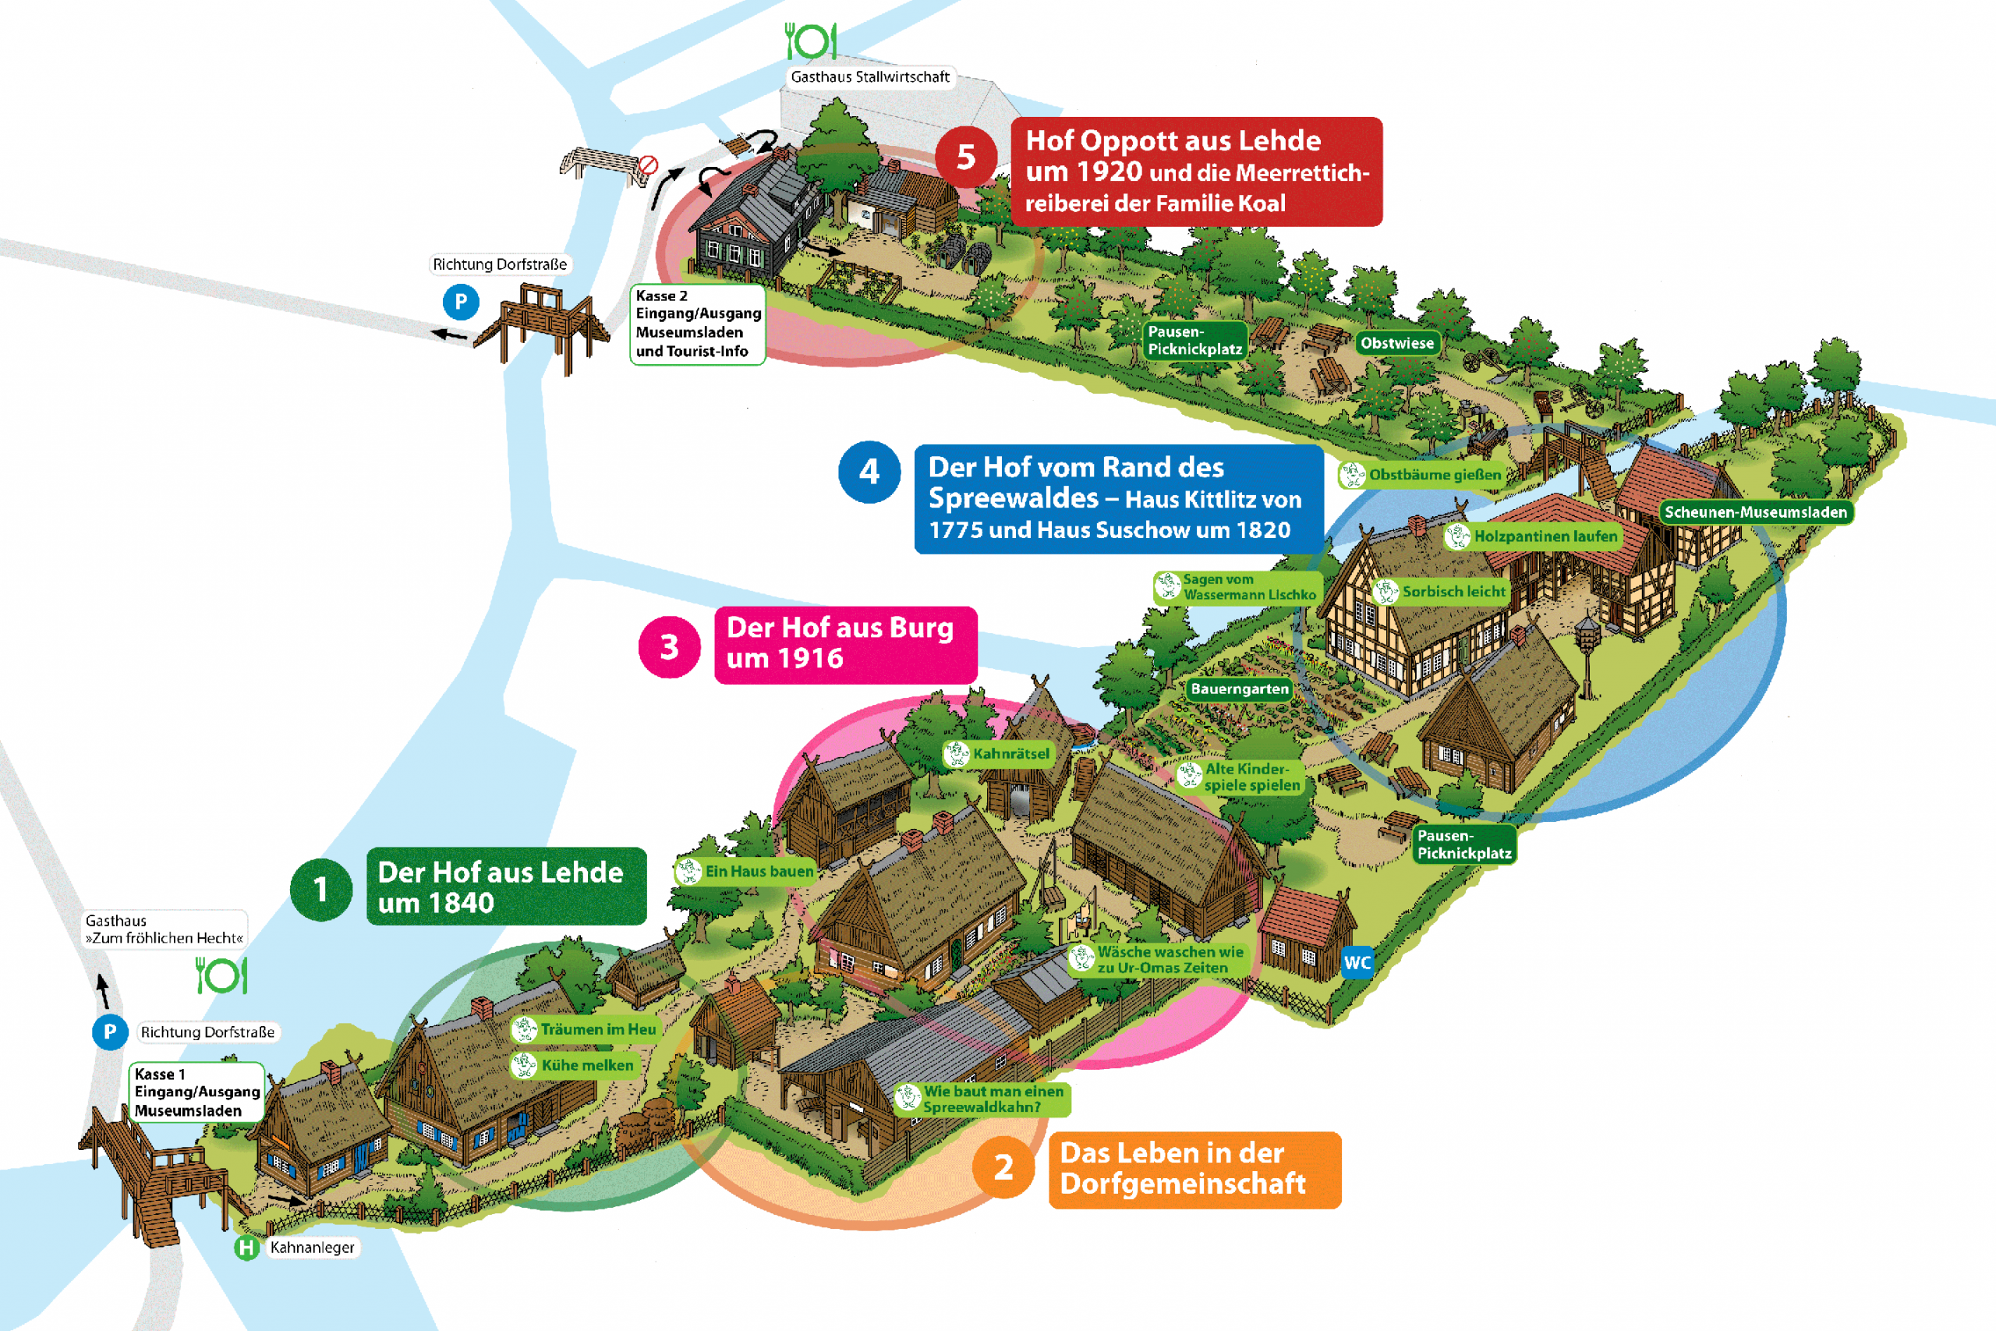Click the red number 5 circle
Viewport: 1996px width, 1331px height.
[x=966, y=156]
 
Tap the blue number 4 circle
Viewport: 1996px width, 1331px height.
[x=869, y=472]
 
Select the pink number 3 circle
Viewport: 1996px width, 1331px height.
[x=670, y=647]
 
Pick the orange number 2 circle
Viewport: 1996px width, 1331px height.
[x=1004, y=1167]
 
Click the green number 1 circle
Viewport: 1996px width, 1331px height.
[x=320, y=890]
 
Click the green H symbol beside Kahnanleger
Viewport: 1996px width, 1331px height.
[x=247, y=1248]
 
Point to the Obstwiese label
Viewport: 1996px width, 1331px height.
[x=1397, y=343]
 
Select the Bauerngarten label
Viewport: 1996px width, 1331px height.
[x=1239, y=689]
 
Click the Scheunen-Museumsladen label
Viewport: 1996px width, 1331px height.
[x=1755, y=512]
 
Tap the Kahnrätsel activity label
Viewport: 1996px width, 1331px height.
[x=999, y=754]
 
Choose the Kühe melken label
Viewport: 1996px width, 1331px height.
[x=575, y=1065]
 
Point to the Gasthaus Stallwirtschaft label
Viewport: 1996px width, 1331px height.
[x=870, y=77]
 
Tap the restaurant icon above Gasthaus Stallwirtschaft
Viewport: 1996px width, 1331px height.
[x=810, y=41]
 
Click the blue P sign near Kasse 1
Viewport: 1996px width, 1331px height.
[x=109, y=1032]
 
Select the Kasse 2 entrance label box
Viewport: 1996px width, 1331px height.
[x=698, y=324]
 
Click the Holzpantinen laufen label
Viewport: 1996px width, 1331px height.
[x=1533, y=536]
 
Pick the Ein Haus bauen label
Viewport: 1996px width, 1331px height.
[x=746, y=871]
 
